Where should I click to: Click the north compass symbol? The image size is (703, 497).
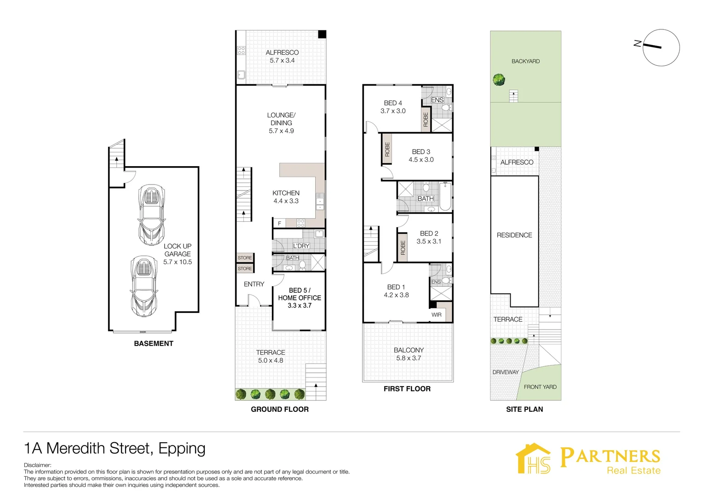point(661,47)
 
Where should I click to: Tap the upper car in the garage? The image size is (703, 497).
point(151,215)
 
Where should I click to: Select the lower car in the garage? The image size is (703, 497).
point(144,286)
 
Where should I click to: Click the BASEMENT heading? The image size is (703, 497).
point(154,344)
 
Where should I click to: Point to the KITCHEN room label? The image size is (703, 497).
point(286,193)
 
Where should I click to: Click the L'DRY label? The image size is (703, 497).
point(301,246)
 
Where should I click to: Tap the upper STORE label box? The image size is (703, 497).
point(245,258)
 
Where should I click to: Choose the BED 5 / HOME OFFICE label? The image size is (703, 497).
point(300,294)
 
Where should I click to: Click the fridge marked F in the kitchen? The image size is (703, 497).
point(279,224)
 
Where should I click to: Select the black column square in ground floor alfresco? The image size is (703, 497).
point(322,35)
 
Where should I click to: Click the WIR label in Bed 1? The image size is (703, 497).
point(436,315)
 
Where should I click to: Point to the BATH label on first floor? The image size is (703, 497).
point(425,199)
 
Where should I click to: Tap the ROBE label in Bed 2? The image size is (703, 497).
point(403,248)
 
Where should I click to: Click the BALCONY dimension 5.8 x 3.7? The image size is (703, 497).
point(409,358)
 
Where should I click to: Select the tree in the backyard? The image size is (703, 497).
point(499,80)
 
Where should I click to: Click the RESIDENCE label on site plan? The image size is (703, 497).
point(514,235)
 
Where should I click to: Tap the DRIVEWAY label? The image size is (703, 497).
point(505,372)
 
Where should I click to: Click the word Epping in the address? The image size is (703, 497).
point(182,448)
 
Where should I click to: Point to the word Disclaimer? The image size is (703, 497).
point(38,465)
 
